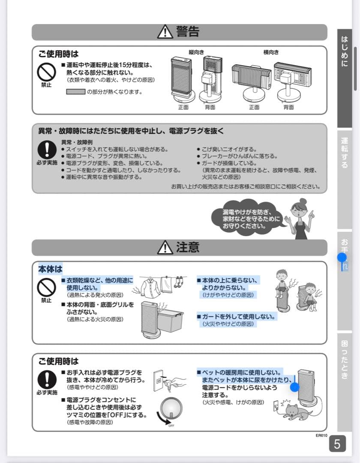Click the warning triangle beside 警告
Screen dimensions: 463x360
click(165, 32)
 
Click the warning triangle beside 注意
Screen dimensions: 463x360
click(165, 247)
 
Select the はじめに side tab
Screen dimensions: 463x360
click(345, 51)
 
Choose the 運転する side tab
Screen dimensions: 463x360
click(345, 153)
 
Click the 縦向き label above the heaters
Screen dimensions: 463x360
click(196, 52)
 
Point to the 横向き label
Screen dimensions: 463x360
click(271, 52)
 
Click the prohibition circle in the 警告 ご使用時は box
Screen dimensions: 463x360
click(45, 71)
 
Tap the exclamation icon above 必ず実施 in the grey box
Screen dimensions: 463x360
click(45, 150)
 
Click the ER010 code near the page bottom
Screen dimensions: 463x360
click(321, 436)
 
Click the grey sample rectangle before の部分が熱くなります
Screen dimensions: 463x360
click(75, 91)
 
